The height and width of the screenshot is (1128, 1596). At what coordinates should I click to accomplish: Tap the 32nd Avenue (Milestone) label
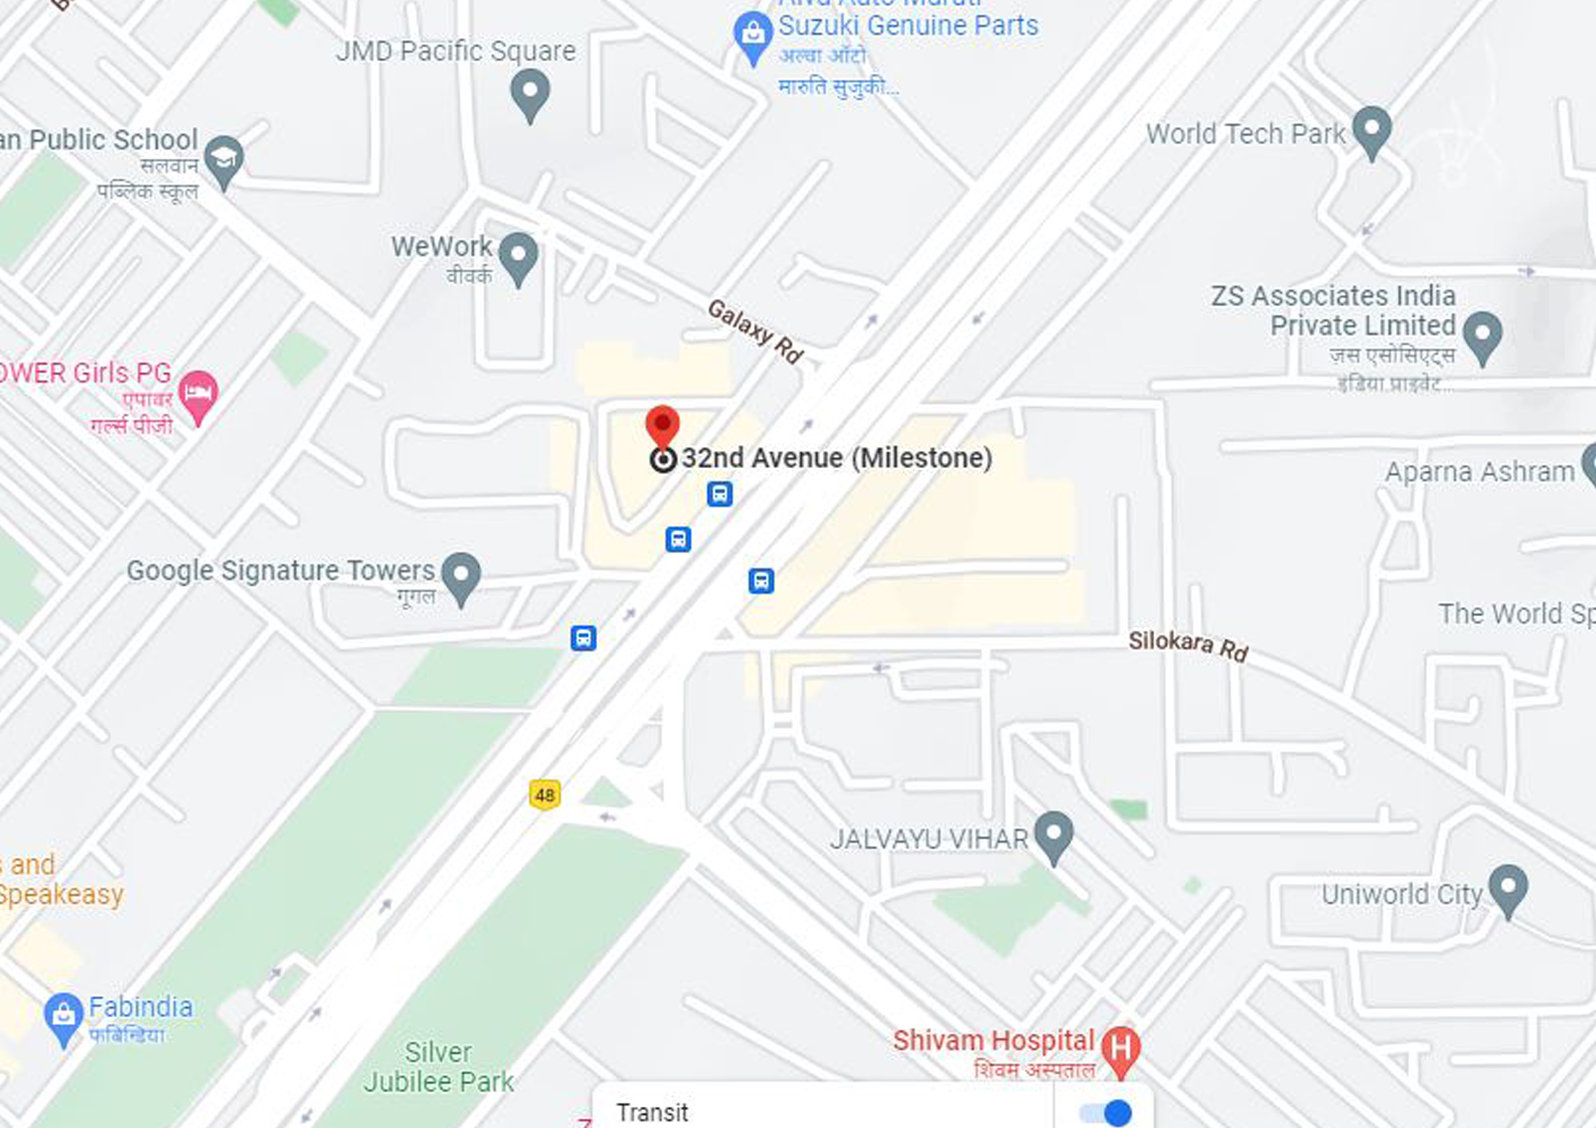tap(836, 458)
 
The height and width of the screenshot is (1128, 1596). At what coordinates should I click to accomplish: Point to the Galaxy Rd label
tap(756, 331)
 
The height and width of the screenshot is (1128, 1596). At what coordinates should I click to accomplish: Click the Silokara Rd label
tap(1188, 646)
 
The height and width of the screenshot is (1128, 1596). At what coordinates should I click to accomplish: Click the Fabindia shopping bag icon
tap(63, 1016)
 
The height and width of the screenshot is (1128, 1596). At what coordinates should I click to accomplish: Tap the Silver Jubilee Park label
tap(438, 1067)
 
